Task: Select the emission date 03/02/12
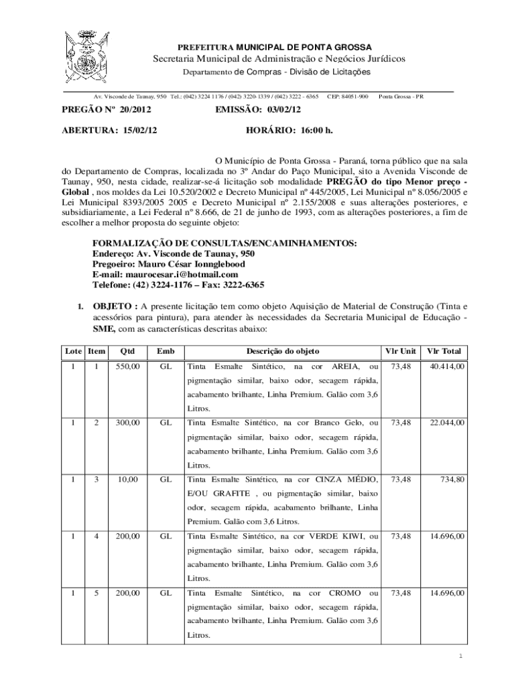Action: (x=282, y=109)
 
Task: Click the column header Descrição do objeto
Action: (x=282, y=351)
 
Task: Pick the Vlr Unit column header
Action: (x=400, y=351)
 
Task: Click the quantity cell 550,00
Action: (x=127, y=367)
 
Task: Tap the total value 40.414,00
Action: (x=447, y=367)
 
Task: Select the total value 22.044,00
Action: (x=447, y=423)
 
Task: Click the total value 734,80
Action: (x=453, y=480)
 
